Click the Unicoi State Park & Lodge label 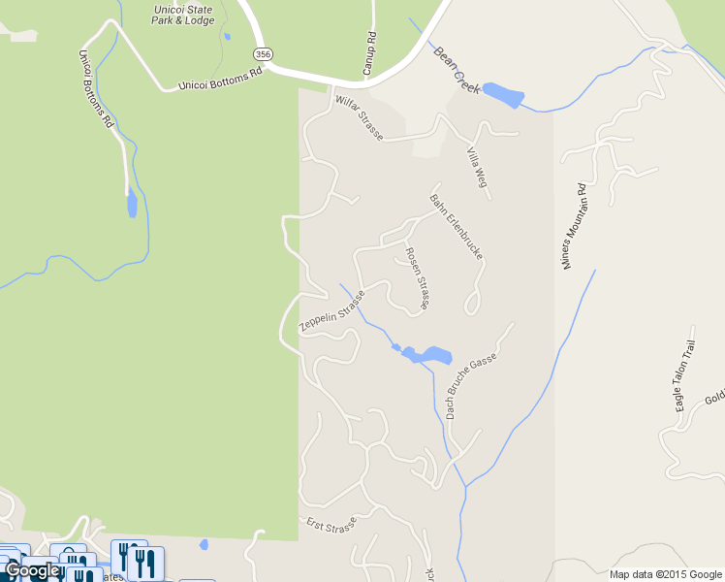tap(183, 14)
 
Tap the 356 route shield tap(261, 52)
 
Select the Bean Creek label tap(457, 70)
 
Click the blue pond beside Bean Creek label tap(503, 95)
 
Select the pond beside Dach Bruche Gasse tap(426, 355)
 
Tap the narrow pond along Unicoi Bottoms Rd tap(131, 204)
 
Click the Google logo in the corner tap(31, 571)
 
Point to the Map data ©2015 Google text tap(666, 574)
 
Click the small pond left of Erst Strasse tap(204, 544)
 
